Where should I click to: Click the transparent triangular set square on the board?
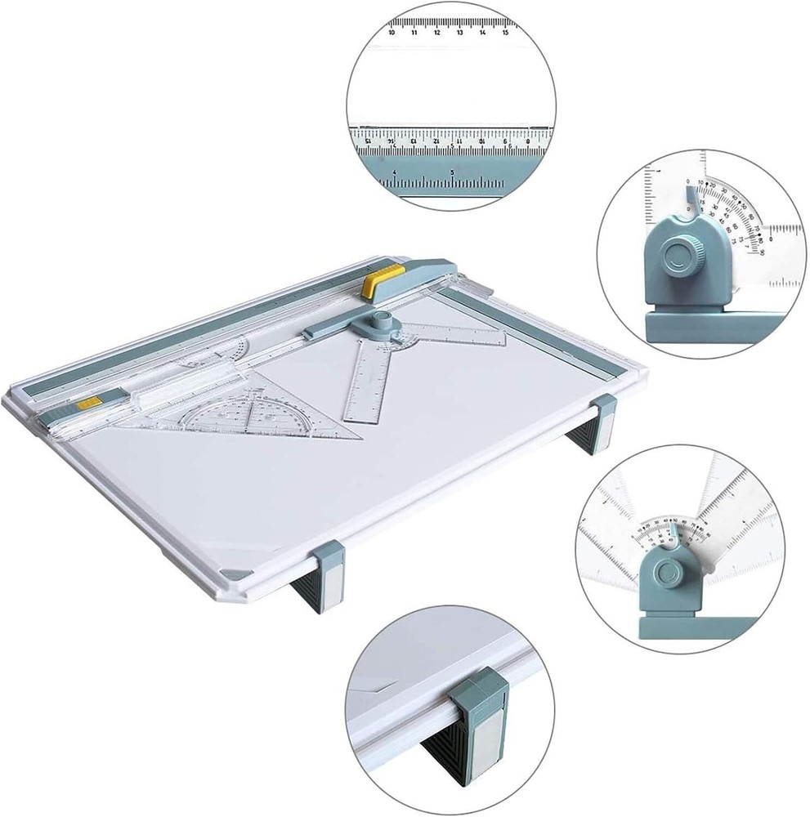(269, 413)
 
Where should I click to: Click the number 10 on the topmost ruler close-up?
(393, 33)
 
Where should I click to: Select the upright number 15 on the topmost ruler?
(507, 33)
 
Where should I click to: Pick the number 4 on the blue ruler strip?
(395, 172)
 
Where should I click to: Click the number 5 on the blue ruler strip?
(452, 172)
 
